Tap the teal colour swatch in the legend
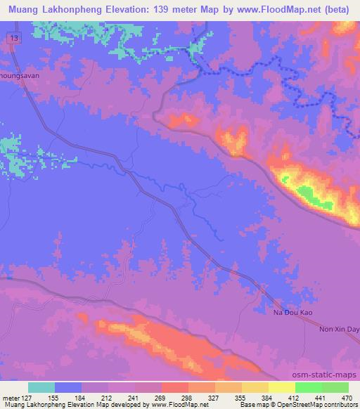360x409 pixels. pos(41,387)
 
